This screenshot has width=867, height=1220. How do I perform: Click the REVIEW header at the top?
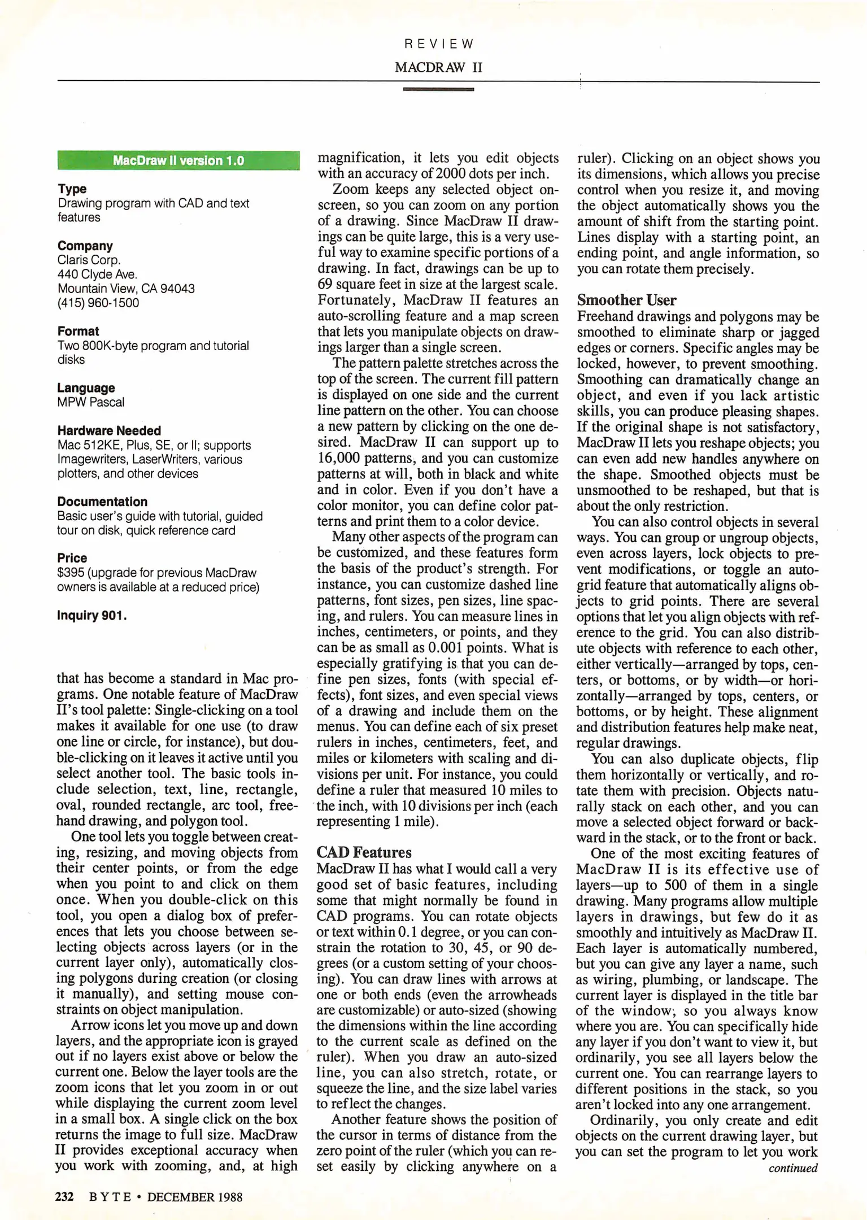tap(439, 43)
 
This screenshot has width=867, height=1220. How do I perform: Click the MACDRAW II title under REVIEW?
tap(439, 67)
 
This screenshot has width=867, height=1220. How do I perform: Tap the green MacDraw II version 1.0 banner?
tap(178, 160)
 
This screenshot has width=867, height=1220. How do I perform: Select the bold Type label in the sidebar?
tap(72, 189)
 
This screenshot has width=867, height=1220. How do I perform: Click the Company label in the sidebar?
tap(85, 246)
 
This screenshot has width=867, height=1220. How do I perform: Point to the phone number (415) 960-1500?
tap(98, 303)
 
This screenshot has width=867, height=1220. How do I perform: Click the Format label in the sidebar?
tap(78, 331)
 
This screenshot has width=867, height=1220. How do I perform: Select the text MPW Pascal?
tap(90, 402)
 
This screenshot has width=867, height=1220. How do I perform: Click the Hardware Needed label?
tap(108, 430)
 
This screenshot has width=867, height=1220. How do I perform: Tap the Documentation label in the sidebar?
tap(102, 502)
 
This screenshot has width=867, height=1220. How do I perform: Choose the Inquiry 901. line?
tap(92, 615)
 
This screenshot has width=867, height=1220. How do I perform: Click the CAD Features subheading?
tap(364, 852)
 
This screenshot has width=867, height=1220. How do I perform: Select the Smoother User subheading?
tap(626, 300)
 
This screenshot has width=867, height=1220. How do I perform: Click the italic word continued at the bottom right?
tap(792, 1168)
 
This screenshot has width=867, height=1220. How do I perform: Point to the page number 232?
tap(64, 1197)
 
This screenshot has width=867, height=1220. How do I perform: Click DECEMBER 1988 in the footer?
tap(195, 1197)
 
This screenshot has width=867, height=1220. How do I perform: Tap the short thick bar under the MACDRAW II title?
tap(438, 89)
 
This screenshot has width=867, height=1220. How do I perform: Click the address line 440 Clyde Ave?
tap(97, 274)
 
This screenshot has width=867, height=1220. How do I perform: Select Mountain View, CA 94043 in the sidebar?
tap(126, 289)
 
